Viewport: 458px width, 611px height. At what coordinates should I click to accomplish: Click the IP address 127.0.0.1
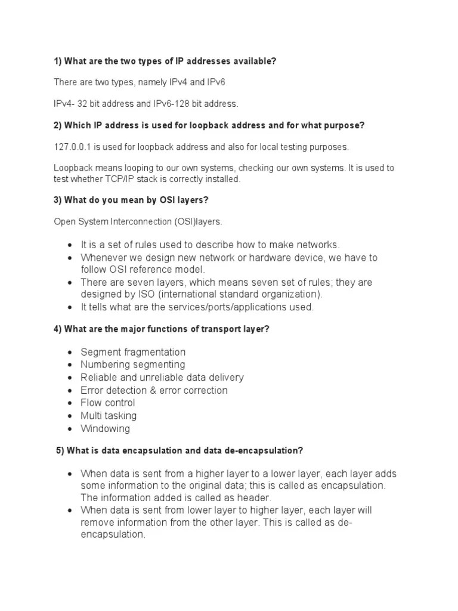tap(71, 147)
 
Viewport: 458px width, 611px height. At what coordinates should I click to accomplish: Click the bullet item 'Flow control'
tap(108, 403)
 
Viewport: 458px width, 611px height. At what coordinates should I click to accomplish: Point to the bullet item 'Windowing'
tap(105, 428)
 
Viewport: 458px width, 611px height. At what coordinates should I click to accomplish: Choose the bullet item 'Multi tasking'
tap(109, 415)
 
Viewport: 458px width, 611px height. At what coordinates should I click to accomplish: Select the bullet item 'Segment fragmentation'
tap(133, 352)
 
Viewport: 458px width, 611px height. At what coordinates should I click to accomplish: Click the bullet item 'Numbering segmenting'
tap(132, 365)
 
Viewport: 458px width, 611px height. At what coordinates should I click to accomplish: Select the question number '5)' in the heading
tap(60, 450)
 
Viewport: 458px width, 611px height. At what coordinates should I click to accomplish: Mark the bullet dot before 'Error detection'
tap(70, 390)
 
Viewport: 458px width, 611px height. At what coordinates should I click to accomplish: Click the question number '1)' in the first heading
tap(58, 61)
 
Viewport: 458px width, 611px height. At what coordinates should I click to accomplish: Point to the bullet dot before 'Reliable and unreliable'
tap(70, 378)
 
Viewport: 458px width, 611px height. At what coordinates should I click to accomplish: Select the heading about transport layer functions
tap(162, 329)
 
